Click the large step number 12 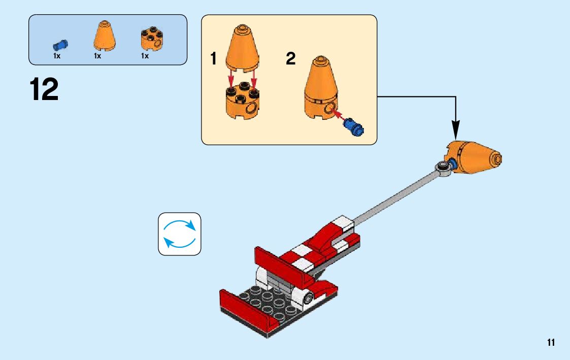pos(45,90)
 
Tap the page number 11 pos(551,342)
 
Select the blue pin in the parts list pos(60,45)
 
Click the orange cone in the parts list pos(104,36)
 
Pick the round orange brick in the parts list pos(151,39)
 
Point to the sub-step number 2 pos(290,59)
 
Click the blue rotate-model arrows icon pos(180,234)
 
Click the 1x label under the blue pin pos(57,56)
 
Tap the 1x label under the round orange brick pos(145,56)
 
